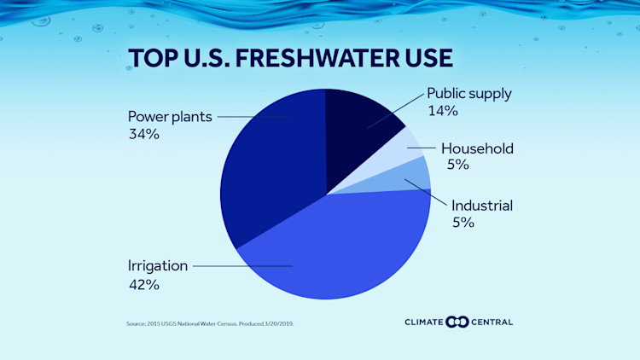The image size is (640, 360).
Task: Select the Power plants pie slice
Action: point(269,171)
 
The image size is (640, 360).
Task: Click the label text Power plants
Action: point(169,116)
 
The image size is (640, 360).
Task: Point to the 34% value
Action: point(143,134)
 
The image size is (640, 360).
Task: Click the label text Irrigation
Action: point(157,265)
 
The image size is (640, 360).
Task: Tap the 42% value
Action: point(143,284)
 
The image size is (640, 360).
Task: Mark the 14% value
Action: point(442,111)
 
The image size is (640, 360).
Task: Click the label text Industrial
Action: point(481,205)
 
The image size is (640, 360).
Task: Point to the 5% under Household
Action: point(457,165)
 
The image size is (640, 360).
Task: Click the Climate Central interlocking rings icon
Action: point(458,322)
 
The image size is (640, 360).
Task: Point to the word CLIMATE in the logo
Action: point(425,322)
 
